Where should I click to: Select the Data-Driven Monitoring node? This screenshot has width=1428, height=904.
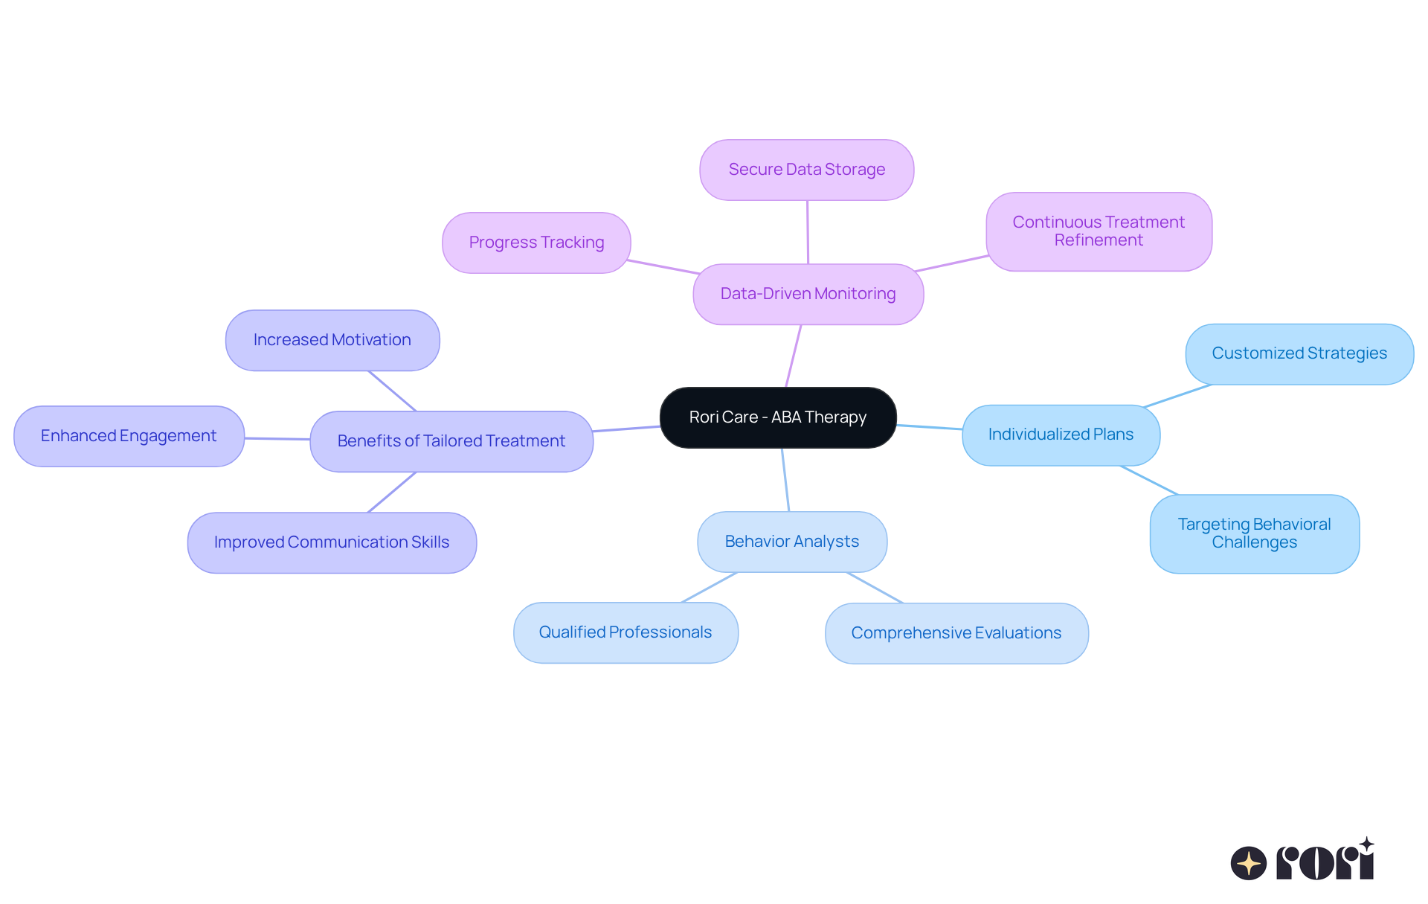click(808, 294)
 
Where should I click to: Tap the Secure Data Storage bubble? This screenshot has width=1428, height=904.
click(806, 170)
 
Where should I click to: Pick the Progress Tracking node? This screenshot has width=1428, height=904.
click(536, 243)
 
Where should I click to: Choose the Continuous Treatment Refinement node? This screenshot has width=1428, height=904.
click(1099, 231)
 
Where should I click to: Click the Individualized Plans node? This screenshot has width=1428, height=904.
click(1061, 435)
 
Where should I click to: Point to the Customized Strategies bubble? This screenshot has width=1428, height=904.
click(1299, 353)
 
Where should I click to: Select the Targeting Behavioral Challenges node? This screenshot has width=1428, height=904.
click(1254, 533)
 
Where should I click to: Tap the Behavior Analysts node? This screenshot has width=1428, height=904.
click(791, 542)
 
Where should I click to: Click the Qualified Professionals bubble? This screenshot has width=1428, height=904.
click(625, 632)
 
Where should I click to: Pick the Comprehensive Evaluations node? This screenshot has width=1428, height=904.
click(956, 633)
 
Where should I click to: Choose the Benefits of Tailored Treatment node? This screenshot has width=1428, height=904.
click(451, 441)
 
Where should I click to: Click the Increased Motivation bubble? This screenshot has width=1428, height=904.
click(332, 340)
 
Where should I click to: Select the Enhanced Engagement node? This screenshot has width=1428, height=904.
click(129, 436)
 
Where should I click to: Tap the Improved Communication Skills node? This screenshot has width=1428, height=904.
click(331, 542)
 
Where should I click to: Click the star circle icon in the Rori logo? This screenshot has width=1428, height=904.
click(1248, 863)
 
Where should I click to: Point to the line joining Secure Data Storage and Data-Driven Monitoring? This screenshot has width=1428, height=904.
click(808, 232)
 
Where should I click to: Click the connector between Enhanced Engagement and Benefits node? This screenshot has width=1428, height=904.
click(277, 439)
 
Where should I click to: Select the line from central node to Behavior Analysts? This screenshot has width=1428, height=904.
click(785, 480)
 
